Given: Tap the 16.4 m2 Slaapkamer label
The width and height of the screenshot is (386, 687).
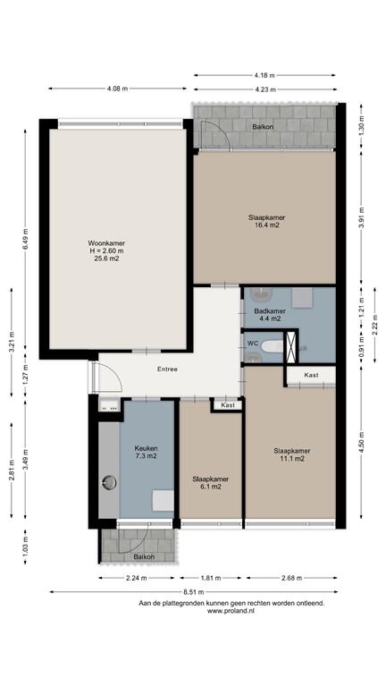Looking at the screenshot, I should (266, 221).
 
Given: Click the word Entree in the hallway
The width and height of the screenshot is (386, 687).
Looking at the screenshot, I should (167, 369).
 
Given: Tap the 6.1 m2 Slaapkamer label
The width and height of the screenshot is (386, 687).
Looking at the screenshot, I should (209, 484).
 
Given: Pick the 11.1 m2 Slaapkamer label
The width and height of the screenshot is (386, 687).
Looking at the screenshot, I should (291, 454).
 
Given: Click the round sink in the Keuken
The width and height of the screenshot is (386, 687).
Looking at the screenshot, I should (110, 484).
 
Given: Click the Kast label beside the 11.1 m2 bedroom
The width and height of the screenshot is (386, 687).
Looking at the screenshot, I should (310, 375).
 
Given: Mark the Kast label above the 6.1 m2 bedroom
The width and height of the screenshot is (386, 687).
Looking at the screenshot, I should (228, 405).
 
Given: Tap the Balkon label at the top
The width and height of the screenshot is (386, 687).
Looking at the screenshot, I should (263, 127).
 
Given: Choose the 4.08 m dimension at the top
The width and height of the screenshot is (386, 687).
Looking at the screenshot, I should (117, 89).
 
